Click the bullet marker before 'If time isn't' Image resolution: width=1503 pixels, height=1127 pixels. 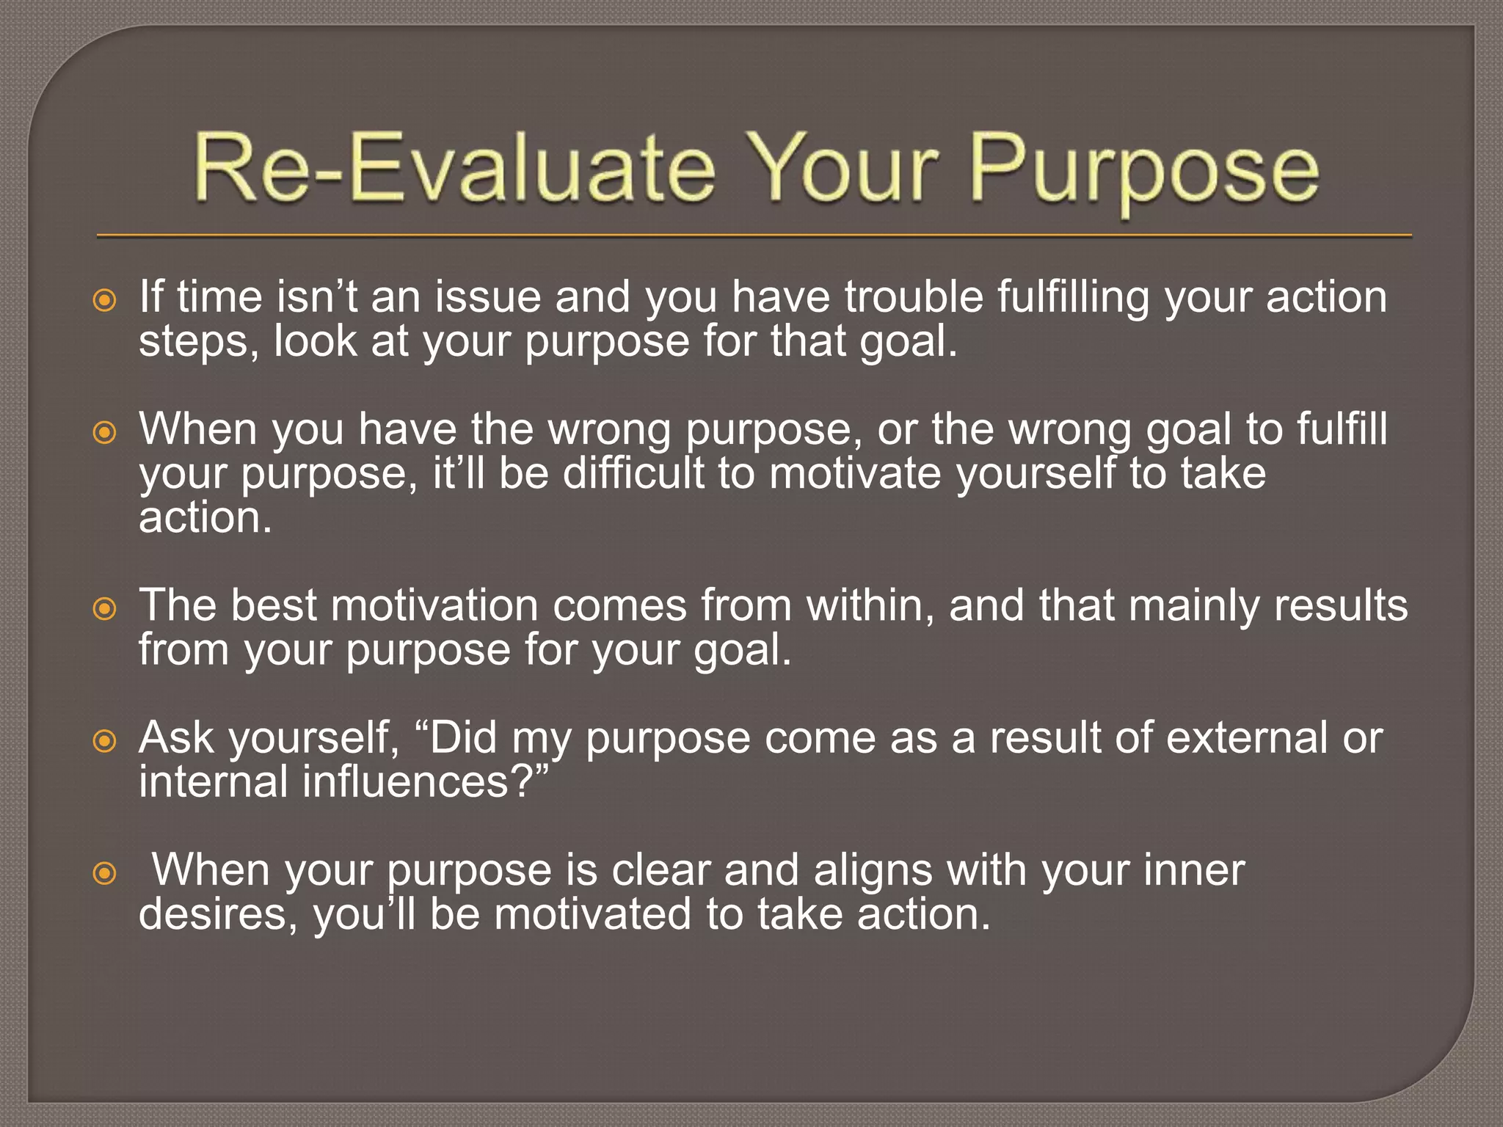tap(105, 300)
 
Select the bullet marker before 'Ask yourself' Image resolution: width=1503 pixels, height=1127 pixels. tap(105, 741)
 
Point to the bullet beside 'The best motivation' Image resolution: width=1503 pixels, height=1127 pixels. tap(105, 608)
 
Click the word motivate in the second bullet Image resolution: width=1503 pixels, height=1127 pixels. tap(855, 473)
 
